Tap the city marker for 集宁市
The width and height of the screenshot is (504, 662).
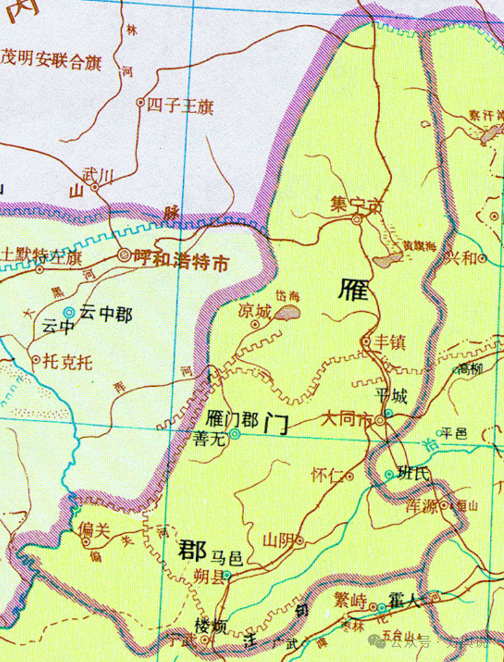(x=357, y=219)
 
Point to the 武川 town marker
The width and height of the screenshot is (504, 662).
(x=96, y=188)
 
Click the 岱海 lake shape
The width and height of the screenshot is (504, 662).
(x=287, y=314)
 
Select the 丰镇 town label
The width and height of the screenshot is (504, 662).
(x=390, y=342)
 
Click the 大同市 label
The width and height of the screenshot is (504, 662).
(x=347, y=421)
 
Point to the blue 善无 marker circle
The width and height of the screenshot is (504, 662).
(x=235, y=435)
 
